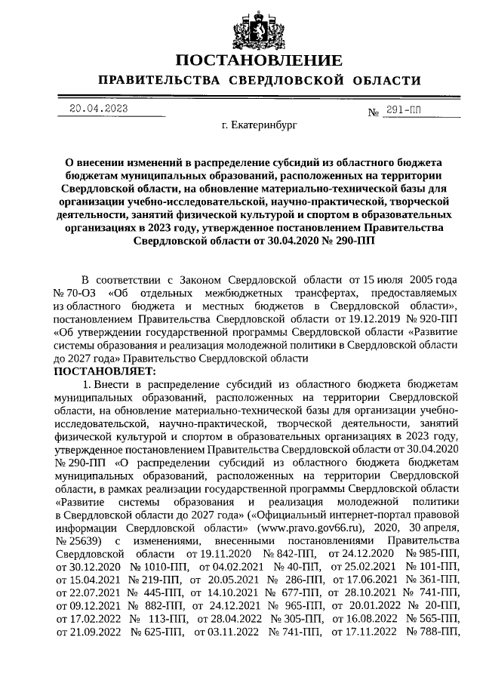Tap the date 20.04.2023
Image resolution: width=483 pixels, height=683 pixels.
tap(97, 108)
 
